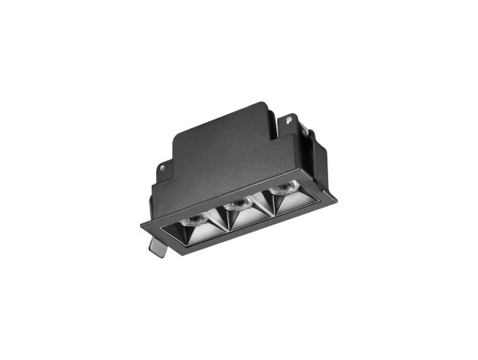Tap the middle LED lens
(237, 205)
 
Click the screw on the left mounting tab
(164, 165)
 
